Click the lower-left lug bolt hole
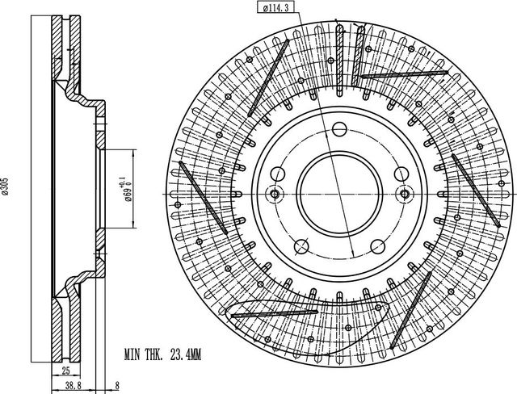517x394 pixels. click(x=301, y=247)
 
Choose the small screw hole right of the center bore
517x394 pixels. click(x=404, y=194)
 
